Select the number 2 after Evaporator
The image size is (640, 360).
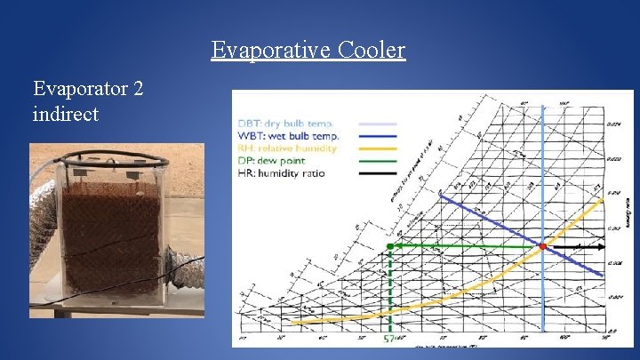click(138, 89)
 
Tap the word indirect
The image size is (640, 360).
click(65, 114)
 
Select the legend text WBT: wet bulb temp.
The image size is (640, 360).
click(288, 135)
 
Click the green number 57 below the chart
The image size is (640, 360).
click(388, 340)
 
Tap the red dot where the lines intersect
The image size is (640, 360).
click(542, 245)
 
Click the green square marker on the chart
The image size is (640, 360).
click(390, 245)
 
